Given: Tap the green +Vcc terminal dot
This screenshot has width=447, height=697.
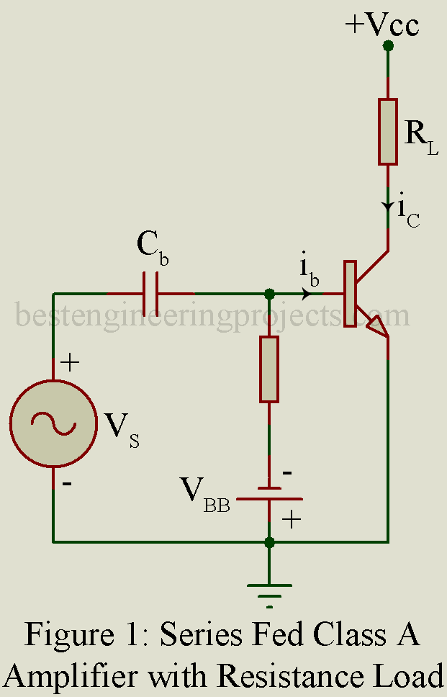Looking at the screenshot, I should coord(388,45).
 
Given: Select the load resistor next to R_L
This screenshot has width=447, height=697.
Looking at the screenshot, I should coord(388,131).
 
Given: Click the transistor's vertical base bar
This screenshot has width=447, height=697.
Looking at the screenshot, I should coord(350,293).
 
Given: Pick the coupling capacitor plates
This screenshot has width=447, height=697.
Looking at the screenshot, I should coord(150,294).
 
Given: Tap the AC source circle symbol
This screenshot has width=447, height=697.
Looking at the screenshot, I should coord(53,424).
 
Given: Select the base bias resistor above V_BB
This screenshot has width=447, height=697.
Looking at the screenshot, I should coord(269,369).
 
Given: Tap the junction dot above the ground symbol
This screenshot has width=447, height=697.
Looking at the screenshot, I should coord(269,541).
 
